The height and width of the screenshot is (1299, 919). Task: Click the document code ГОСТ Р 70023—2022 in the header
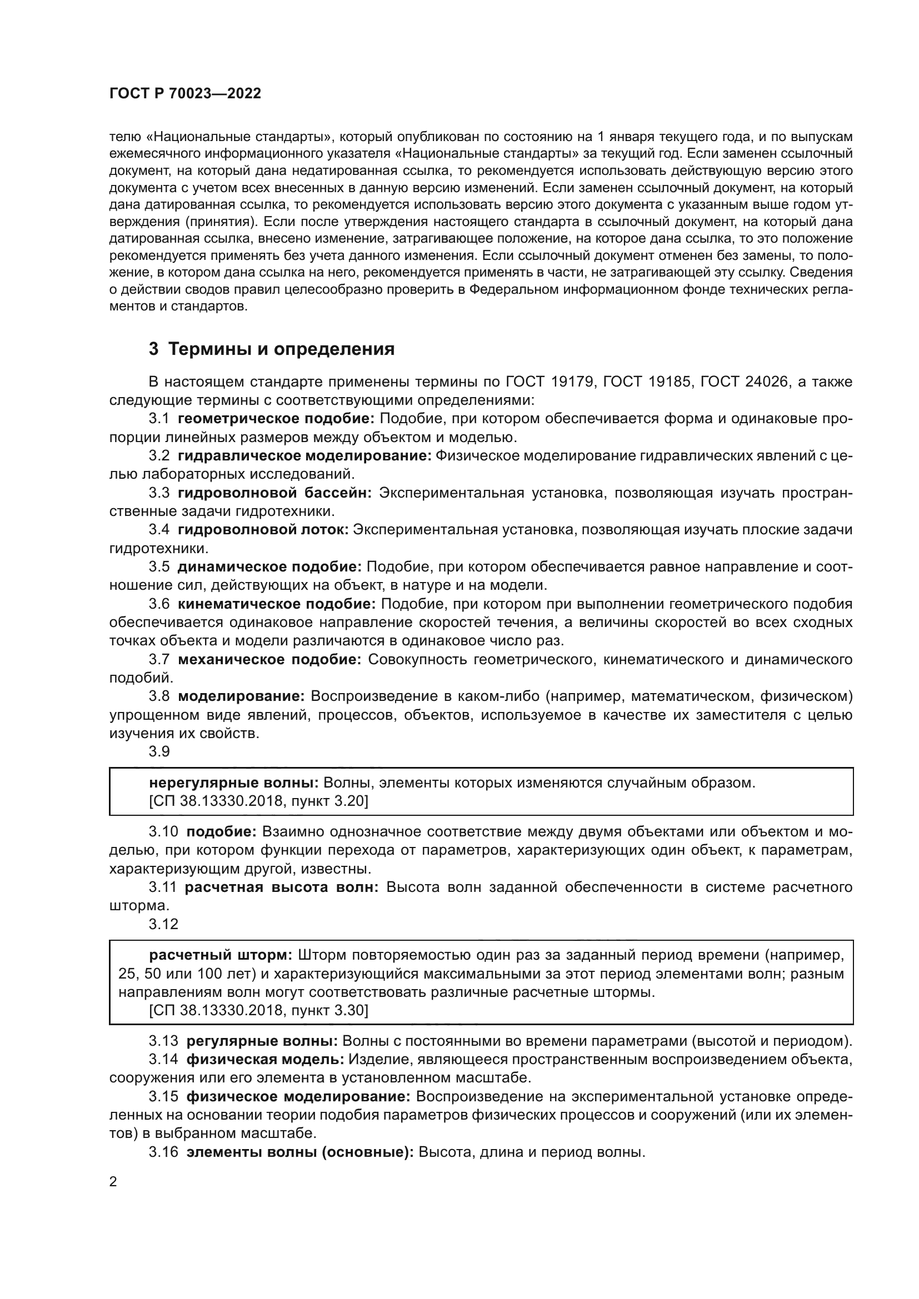[185, 94]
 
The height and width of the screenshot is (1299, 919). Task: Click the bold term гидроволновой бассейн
[274, 493]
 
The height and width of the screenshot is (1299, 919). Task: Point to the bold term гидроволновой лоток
[264, 530]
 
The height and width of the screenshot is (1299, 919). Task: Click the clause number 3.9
[159, 751]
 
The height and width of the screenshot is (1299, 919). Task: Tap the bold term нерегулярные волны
[234, 783]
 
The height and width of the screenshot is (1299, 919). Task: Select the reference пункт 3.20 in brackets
[329, 801]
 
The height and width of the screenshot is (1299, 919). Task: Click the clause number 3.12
[163, 924]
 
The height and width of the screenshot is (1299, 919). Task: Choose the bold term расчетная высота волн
[281, 887]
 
